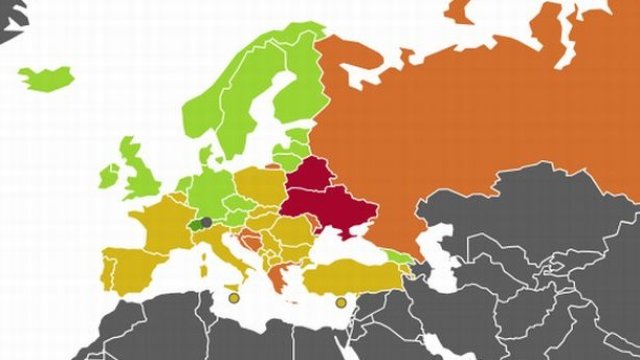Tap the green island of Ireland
coord(108,176)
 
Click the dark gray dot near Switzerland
coord(206,222)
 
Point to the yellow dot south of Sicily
coord(233,298)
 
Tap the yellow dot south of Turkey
coord(340,302)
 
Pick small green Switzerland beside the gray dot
coord(195,227)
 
